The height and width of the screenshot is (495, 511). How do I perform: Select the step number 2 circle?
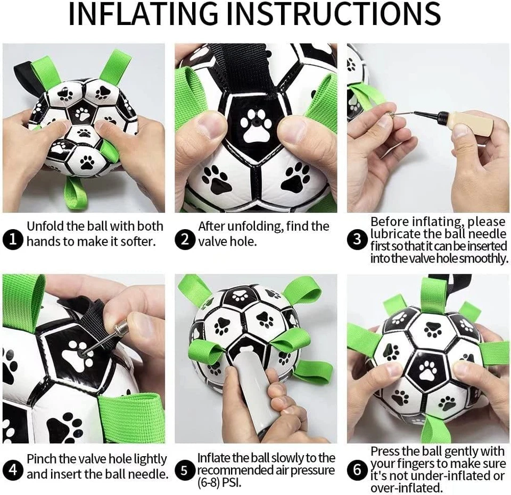click(x=185, y=241)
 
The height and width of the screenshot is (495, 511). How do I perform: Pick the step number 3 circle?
click(x=357, y=241)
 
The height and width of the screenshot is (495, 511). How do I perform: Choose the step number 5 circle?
click(x=185, y=470)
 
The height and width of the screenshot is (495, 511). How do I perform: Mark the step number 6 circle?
click(x=357, y=470)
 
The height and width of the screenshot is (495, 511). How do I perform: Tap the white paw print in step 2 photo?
click(x=253, y=127)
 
